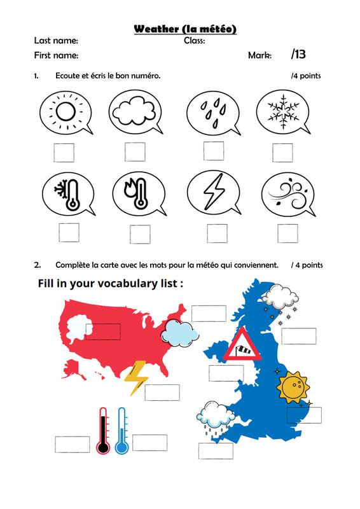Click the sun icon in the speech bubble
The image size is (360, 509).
click(66, 113)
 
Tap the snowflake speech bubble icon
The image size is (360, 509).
click(283, 112)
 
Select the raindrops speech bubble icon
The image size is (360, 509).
click(214, 113)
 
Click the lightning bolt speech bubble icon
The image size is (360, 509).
click(214, 193)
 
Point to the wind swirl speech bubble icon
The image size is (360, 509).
click(288, 195)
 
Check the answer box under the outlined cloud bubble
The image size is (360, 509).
click(135, 152)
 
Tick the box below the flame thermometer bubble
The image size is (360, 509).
click(140, 234)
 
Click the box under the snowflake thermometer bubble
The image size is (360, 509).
click(69, 232)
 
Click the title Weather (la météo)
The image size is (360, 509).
click(185, 29)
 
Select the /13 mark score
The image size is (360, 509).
click(298, 54)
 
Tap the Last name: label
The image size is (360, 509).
click(56, 41)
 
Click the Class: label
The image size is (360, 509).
click(195, 41)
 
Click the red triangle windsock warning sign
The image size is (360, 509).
click(242, 345)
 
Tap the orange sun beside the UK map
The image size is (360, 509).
click(293, 387)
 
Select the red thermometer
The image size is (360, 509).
click(103, 431)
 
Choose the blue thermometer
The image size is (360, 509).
click(121, 431)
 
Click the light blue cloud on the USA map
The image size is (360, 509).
click(180, 333)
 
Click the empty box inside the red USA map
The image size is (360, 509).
click(103, 331)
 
